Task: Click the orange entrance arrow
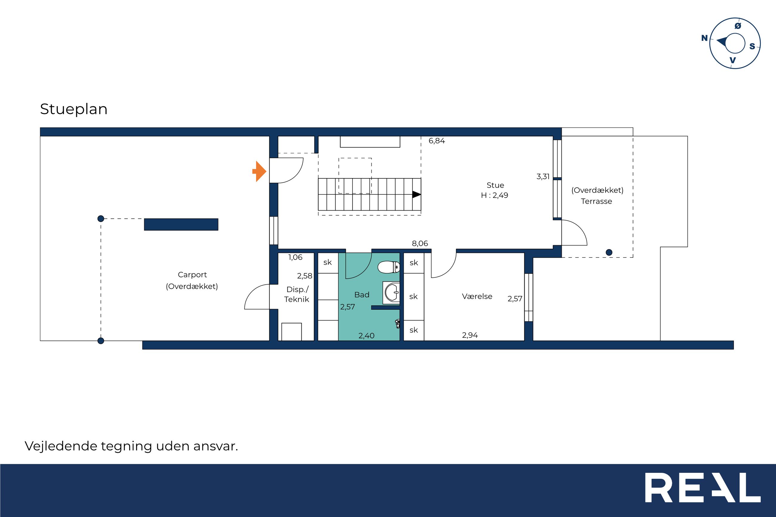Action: coord(260,171)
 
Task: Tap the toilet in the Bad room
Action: coord(389,267)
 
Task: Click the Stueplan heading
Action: coord(73,109)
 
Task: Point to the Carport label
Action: coord(192,275)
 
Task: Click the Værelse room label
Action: coord(477,297)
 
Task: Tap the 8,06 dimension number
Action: coord(420,244)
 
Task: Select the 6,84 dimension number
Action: coord(437,141)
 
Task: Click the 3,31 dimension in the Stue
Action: coord(543,177)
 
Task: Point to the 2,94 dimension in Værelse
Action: coord(470,335)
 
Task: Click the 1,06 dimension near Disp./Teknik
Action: coord(295,257)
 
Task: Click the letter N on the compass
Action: coord(704,38)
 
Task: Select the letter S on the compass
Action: coord(752,46)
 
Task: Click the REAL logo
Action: coord(703,487)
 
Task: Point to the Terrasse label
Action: coord(597,201)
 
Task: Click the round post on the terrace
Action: coord(609,252)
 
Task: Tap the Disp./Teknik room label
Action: coord(297,294)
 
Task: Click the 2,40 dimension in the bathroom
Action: coord(367,336)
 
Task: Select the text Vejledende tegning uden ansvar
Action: coord(131,446)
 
